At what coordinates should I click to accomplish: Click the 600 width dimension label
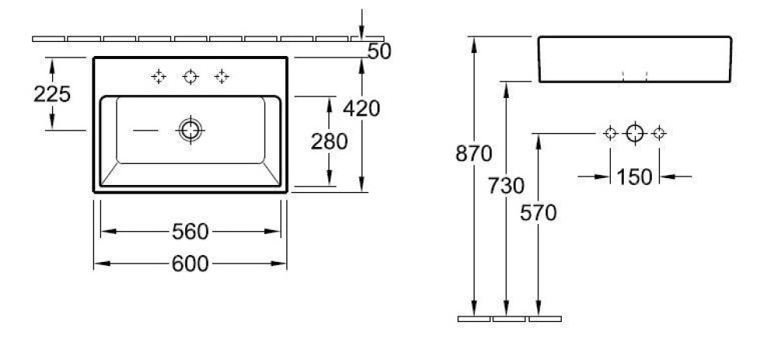pos(190,264)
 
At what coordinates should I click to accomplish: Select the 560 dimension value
pos(190,232)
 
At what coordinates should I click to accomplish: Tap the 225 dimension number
pos(52,94)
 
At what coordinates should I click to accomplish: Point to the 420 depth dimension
pos(362,109)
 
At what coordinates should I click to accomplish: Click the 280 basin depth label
pos(329,142)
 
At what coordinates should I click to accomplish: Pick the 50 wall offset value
pos(380,51)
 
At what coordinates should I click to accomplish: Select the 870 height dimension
pos(474,154)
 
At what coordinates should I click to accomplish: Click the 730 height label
pos(506,186)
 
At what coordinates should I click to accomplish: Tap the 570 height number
pos(538,213)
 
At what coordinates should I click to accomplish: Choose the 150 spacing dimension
pos(635,177)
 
